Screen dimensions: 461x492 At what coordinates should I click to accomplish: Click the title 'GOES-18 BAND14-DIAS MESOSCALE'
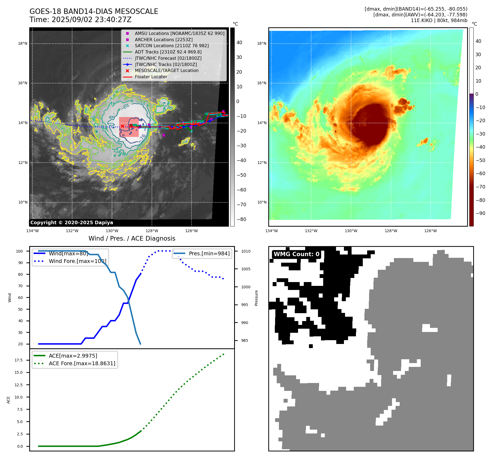94,11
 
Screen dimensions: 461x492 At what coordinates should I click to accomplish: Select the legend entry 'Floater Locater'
151,77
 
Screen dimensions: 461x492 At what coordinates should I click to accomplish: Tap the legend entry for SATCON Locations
172,46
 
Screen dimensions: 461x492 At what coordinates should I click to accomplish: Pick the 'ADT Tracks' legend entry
168,52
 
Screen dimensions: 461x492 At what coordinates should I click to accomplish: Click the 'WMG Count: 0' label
296,254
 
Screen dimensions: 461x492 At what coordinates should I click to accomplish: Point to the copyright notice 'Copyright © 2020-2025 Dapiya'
72,223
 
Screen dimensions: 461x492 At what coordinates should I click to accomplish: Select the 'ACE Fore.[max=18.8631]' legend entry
82,363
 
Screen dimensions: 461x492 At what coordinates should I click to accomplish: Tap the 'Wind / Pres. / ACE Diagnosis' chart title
132,238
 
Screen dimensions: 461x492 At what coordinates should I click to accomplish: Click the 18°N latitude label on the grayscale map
23,43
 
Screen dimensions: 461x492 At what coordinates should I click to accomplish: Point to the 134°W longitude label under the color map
271,231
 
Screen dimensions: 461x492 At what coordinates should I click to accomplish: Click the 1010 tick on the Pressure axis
246,251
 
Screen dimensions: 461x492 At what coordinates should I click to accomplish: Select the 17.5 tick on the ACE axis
19,360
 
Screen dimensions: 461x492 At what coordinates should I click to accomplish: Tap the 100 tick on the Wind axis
19,251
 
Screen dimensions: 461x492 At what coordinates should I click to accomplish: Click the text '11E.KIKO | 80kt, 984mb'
439,20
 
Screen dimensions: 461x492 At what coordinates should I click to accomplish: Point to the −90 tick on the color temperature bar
481,213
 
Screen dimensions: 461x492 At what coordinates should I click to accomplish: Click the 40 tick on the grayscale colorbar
239,43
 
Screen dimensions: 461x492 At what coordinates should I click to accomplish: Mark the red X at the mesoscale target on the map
122,126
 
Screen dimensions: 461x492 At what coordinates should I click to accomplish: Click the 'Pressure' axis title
256,298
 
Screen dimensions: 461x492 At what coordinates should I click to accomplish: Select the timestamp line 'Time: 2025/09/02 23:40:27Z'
81,20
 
